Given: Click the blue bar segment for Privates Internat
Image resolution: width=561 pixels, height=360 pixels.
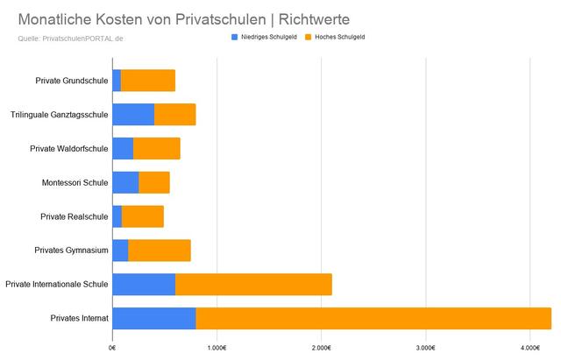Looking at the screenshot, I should pos(153,318).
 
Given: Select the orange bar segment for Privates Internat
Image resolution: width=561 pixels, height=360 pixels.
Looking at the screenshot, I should pos(373,318).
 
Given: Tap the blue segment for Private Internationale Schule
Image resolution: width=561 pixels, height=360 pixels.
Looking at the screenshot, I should pos(144,284).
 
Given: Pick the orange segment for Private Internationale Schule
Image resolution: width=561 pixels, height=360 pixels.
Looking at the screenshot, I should pos(253,284).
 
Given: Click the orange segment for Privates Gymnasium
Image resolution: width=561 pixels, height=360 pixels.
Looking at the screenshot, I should pos(159,251).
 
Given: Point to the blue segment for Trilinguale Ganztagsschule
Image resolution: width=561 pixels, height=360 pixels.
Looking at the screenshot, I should pos(133,115).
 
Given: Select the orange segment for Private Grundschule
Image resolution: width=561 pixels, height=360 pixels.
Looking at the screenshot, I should pos(147,81).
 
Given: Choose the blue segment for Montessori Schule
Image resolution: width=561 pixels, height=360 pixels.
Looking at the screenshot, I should pos(125,182).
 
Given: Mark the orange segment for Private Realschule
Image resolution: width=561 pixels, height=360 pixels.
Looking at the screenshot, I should pos(142,216).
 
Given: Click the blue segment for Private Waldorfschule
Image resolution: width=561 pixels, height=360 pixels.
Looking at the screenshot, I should pos(123,148).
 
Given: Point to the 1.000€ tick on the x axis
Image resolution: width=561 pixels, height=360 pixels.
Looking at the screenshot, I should pos(217,348).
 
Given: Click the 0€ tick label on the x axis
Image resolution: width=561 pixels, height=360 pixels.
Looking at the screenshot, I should pos(112,348).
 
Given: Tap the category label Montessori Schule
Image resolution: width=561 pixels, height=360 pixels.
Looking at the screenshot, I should pos(75,182).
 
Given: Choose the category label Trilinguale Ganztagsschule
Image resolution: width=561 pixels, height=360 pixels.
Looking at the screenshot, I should pos(59,115).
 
